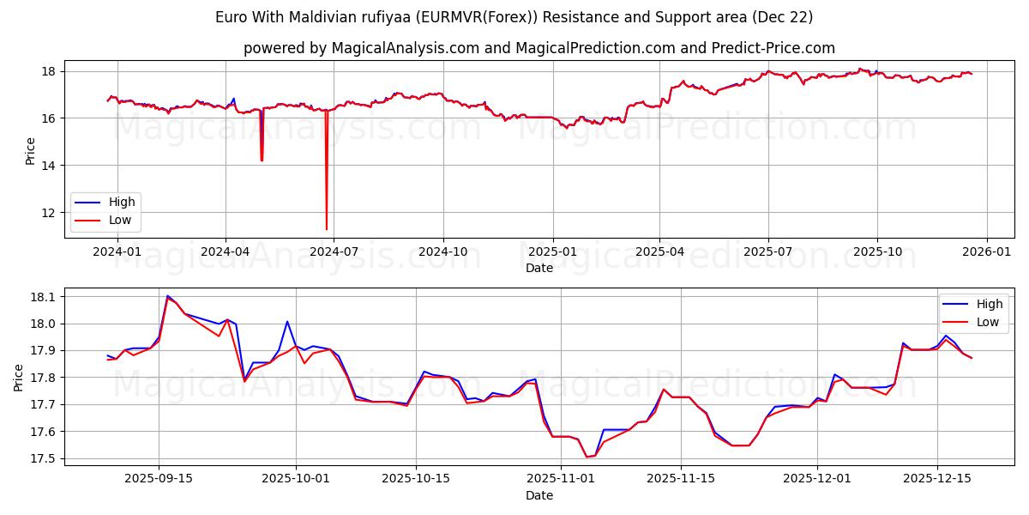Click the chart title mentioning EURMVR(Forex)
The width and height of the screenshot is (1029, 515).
(x=514, y=17)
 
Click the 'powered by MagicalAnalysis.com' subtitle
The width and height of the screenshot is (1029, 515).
(x=539, y=48)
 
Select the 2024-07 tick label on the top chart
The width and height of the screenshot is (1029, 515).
(x=334, y=251)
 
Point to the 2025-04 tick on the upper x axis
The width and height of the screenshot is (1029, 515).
(x=659, y=251)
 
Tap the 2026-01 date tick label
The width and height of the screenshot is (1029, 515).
(x=985, y=251)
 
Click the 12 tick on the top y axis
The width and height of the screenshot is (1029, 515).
(x=49, y=212)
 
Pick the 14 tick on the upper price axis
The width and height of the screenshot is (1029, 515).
(x=49, y=165)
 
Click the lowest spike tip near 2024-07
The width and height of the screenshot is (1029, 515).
(x=327, y=229)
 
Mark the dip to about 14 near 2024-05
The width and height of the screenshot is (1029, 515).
(x=262, y=161)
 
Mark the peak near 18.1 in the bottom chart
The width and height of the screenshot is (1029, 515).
(x=167, y=296)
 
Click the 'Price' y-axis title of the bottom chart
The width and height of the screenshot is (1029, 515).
(x=19, y=378)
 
